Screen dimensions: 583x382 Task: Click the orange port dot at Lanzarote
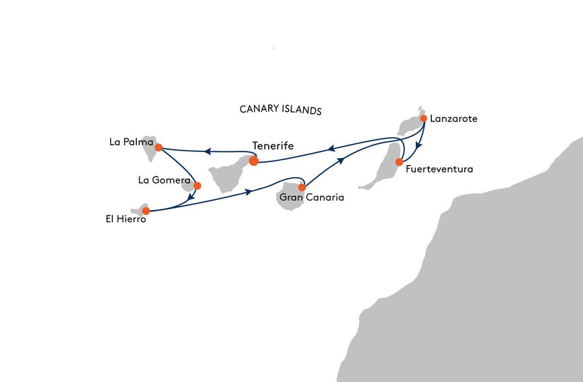423,118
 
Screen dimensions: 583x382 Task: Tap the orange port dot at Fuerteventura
399,162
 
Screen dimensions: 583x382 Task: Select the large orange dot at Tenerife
254,161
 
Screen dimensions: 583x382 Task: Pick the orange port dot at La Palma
159,147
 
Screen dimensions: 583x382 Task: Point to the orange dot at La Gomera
197,186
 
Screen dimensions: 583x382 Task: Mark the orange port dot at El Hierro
146,211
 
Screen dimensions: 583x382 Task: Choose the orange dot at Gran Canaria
302,187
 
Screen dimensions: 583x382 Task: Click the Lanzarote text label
454,119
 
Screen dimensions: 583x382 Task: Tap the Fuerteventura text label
439,169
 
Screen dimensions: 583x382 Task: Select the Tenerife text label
273,146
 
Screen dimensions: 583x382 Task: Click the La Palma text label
131,142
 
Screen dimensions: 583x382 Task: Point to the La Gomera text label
164,180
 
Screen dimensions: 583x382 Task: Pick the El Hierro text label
125,219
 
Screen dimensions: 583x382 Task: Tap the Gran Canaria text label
311,198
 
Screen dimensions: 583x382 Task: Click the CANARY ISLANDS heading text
281,110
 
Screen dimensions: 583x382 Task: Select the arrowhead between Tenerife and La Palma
208,151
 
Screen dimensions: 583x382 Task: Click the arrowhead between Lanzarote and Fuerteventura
418,146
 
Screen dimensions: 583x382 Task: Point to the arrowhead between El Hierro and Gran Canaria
249,192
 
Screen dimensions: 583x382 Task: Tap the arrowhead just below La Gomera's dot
191,198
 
